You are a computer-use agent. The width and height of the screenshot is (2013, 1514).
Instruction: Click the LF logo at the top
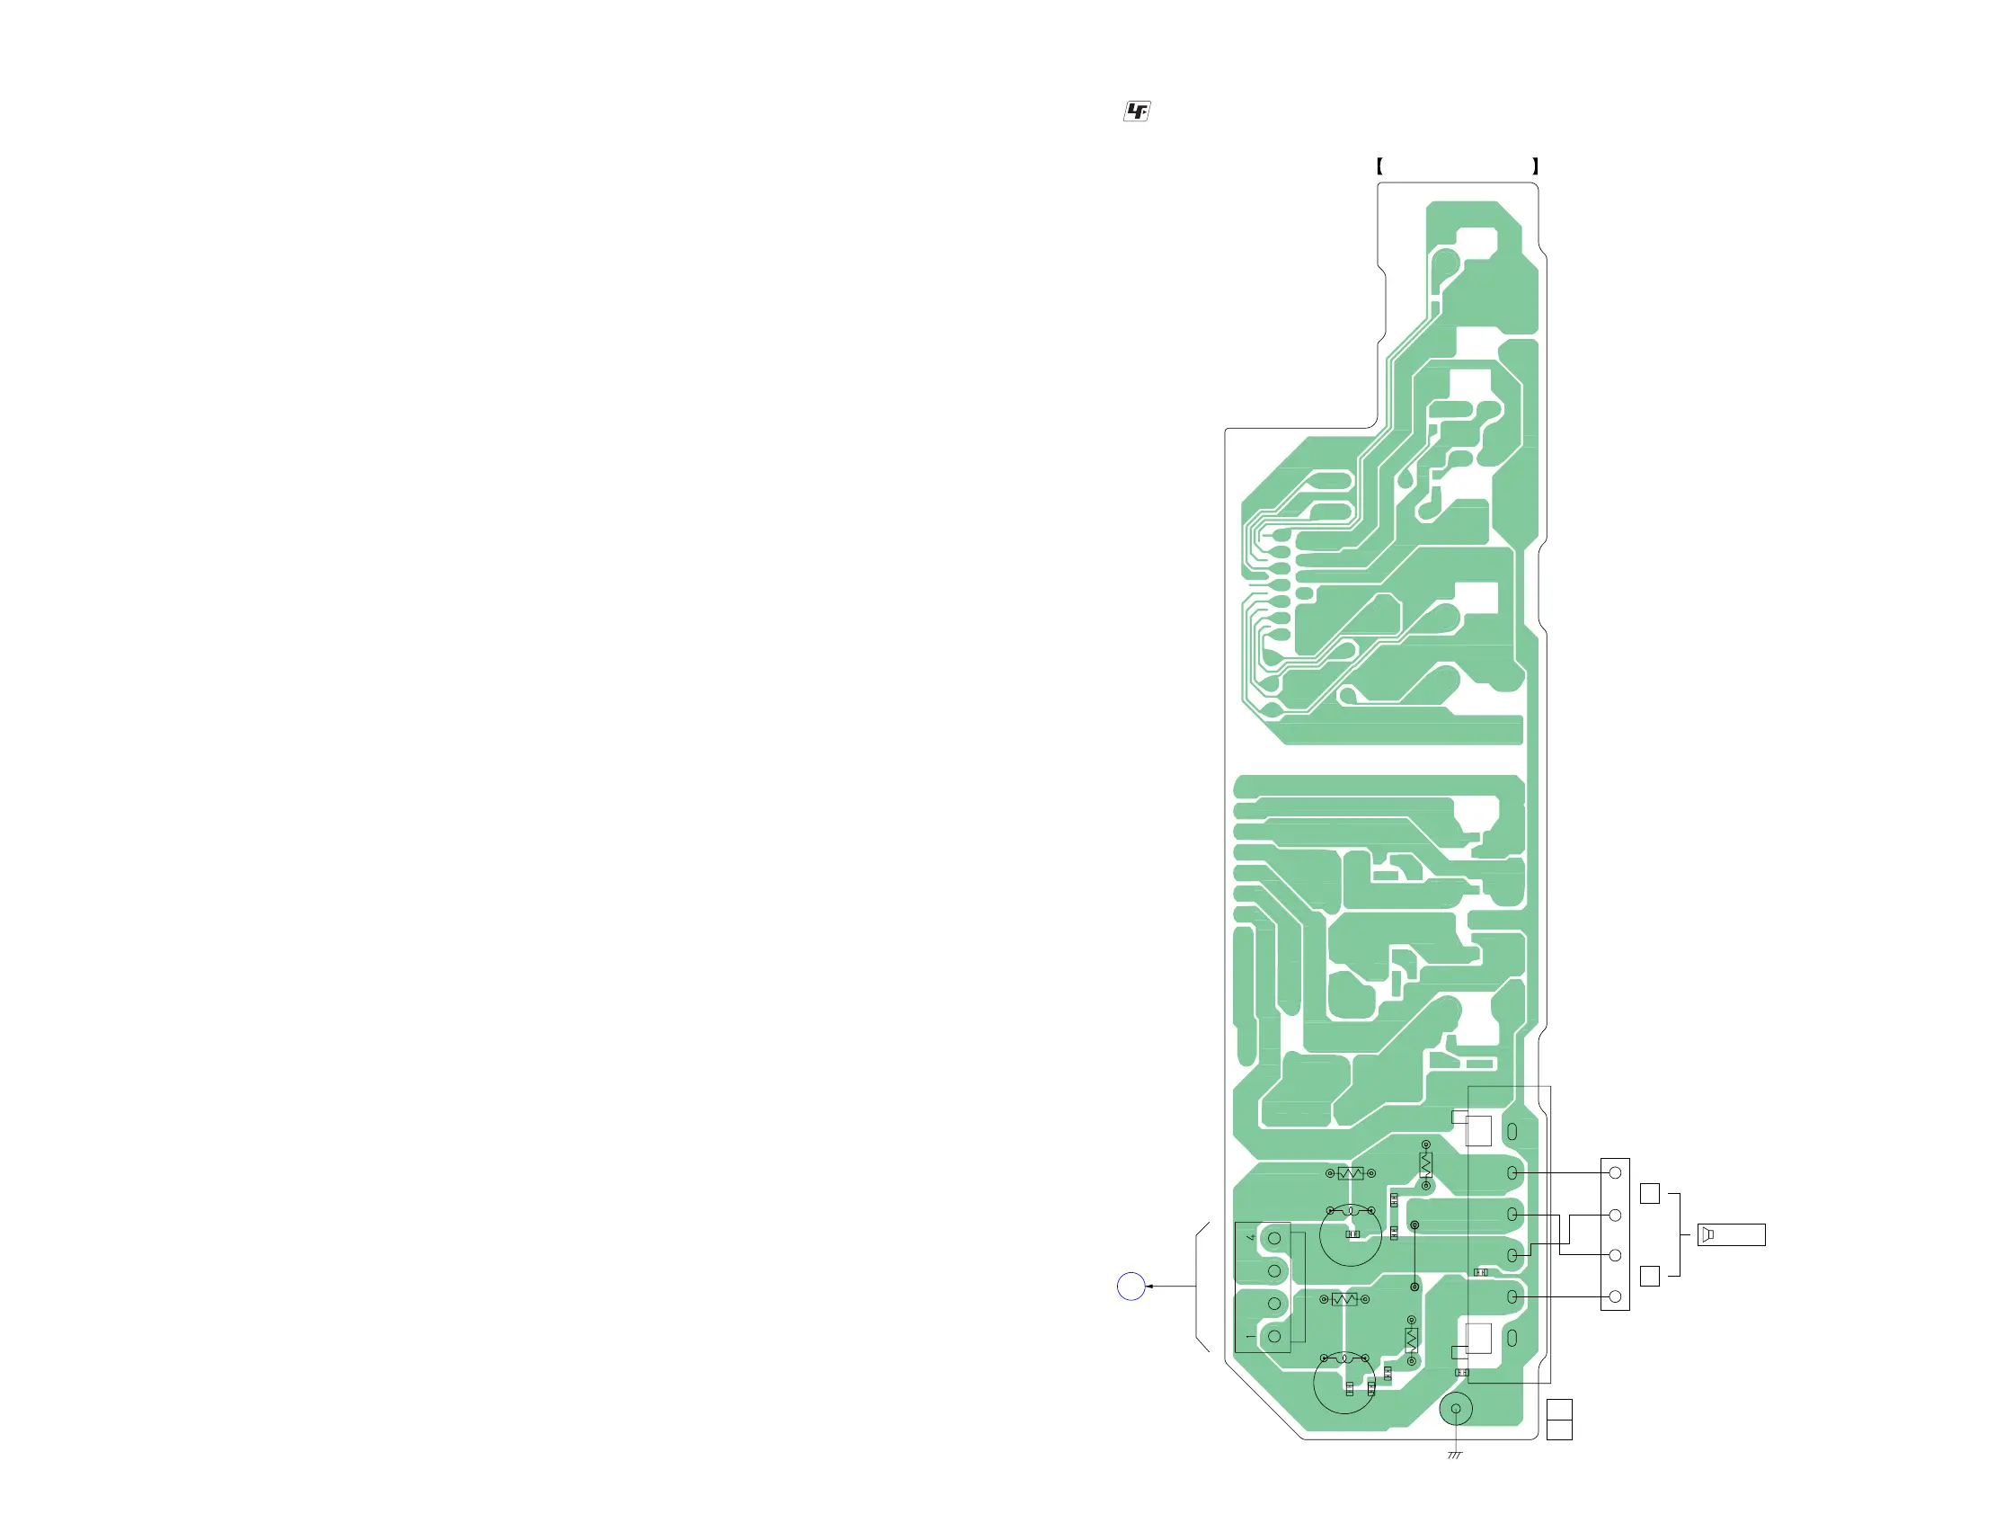tap(1137, 111)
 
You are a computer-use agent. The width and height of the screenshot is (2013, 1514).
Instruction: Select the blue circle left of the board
tap(1131, 1286)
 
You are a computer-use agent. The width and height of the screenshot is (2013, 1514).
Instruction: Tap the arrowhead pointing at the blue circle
tap(1150, 1286)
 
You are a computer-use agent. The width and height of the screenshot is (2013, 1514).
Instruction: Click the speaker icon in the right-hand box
tap(1708, 1234)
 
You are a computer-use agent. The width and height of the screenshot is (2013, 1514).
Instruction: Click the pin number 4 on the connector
tap(1251, 1237)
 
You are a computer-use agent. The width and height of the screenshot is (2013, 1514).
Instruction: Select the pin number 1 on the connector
tap(1250, 1337)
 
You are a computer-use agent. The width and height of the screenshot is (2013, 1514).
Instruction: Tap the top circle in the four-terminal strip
tap(1614, 1172)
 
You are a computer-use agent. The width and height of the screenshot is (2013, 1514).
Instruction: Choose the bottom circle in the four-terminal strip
tap(1614, 1296)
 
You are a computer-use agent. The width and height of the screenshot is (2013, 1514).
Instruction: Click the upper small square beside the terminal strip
tap(1649, 1193)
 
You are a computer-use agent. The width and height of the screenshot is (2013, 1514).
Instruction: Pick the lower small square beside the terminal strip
tap(1649, 1276)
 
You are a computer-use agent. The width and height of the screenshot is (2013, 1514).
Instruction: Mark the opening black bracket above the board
tap(1379, 165)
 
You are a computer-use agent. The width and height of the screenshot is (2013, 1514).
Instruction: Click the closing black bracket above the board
tap(1535, 165)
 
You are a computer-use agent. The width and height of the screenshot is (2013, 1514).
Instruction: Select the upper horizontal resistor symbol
tap(1351, 1173)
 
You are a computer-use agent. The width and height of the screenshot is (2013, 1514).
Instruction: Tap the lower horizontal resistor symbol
tap(1344, 1299)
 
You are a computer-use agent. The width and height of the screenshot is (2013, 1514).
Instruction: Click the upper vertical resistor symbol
tap(1425, 1164)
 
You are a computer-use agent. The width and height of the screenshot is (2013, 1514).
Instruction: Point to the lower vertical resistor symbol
tap(1412, 1340)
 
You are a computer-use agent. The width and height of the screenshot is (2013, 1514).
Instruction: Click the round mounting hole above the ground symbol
tap(1456, 1409)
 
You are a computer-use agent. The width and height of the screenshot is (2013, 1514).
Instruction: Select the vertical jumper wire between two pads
tap(1414, 1255)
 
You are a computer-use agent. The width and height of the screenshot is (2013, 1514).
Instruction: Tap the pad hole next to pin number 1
tap(1274, 1337)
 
